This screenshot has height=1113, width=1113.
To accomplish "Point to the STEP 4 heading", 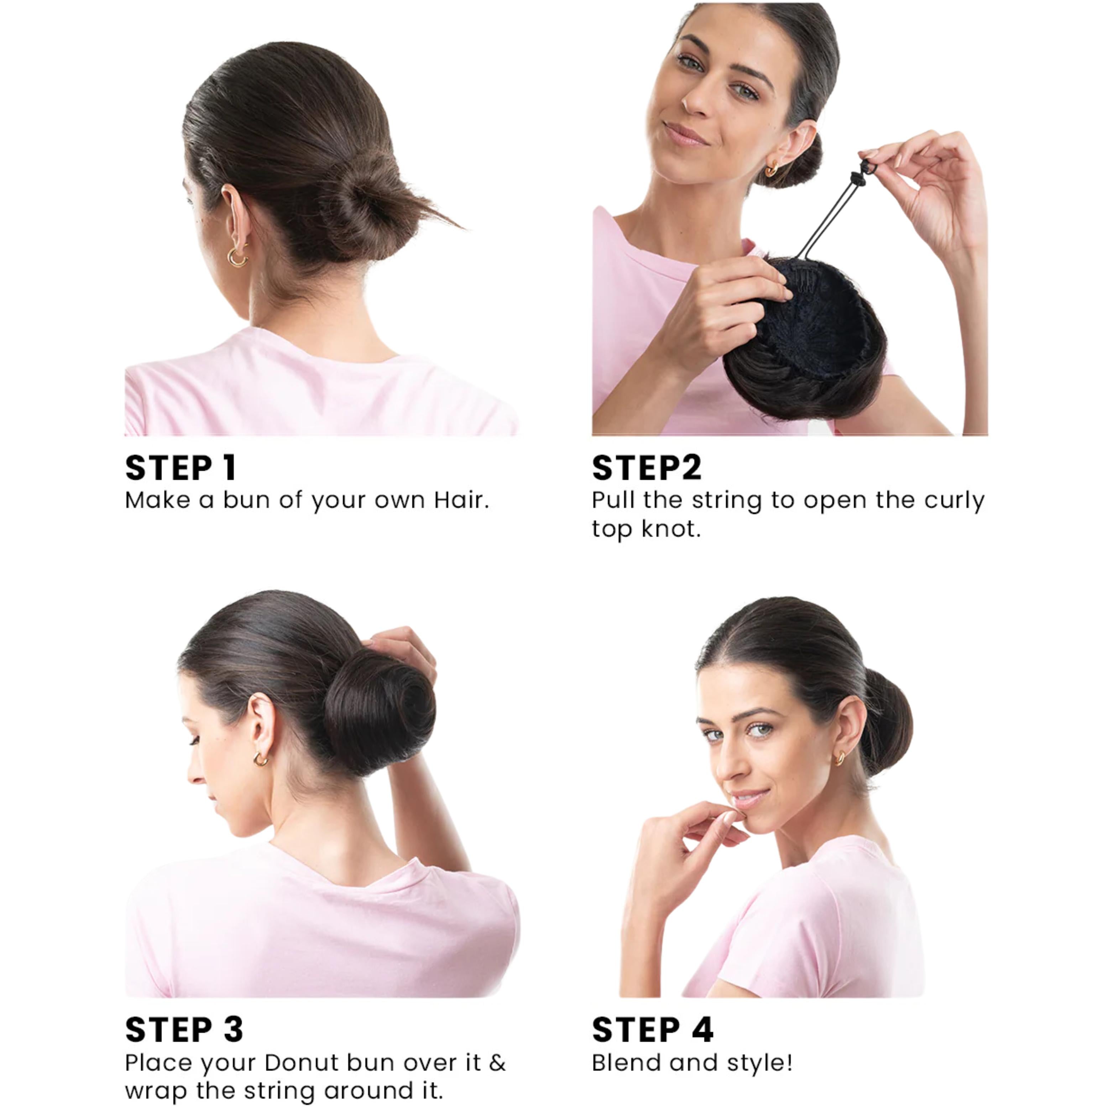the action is tap(653, 1029).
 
